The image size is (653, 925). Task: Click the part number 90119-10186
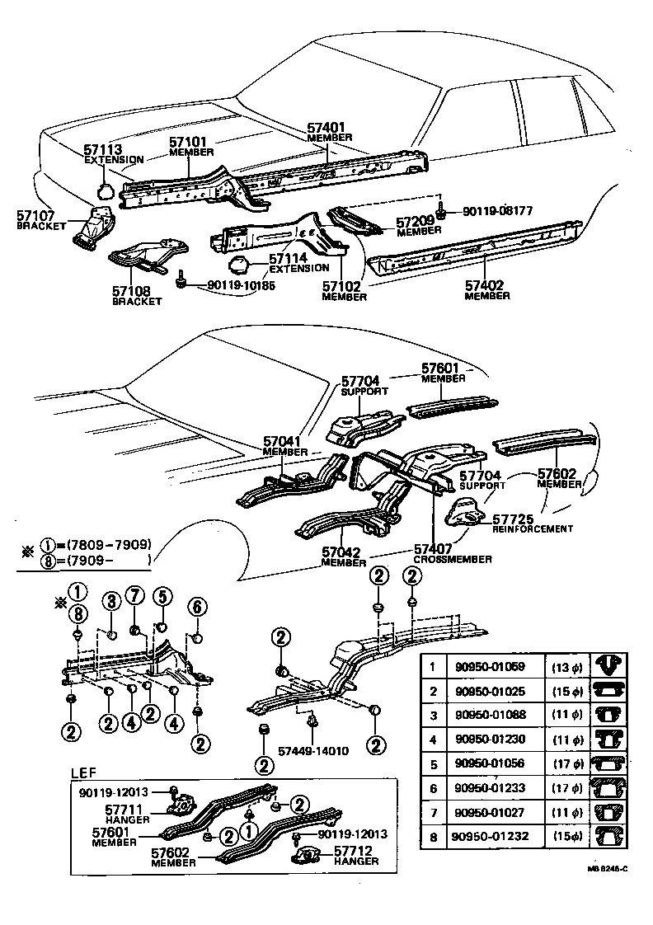(241, 285)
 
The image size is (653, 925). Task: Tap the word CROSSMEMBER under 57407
(453, 559)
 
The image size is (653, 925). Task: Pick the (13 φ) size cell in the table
(566, 666)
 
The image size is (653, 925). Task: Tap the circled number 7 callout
(136, 597)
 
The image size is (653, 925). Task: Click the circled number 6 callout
(196, 607)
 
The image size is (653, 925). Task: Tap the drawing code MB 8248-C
(608, 868)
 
